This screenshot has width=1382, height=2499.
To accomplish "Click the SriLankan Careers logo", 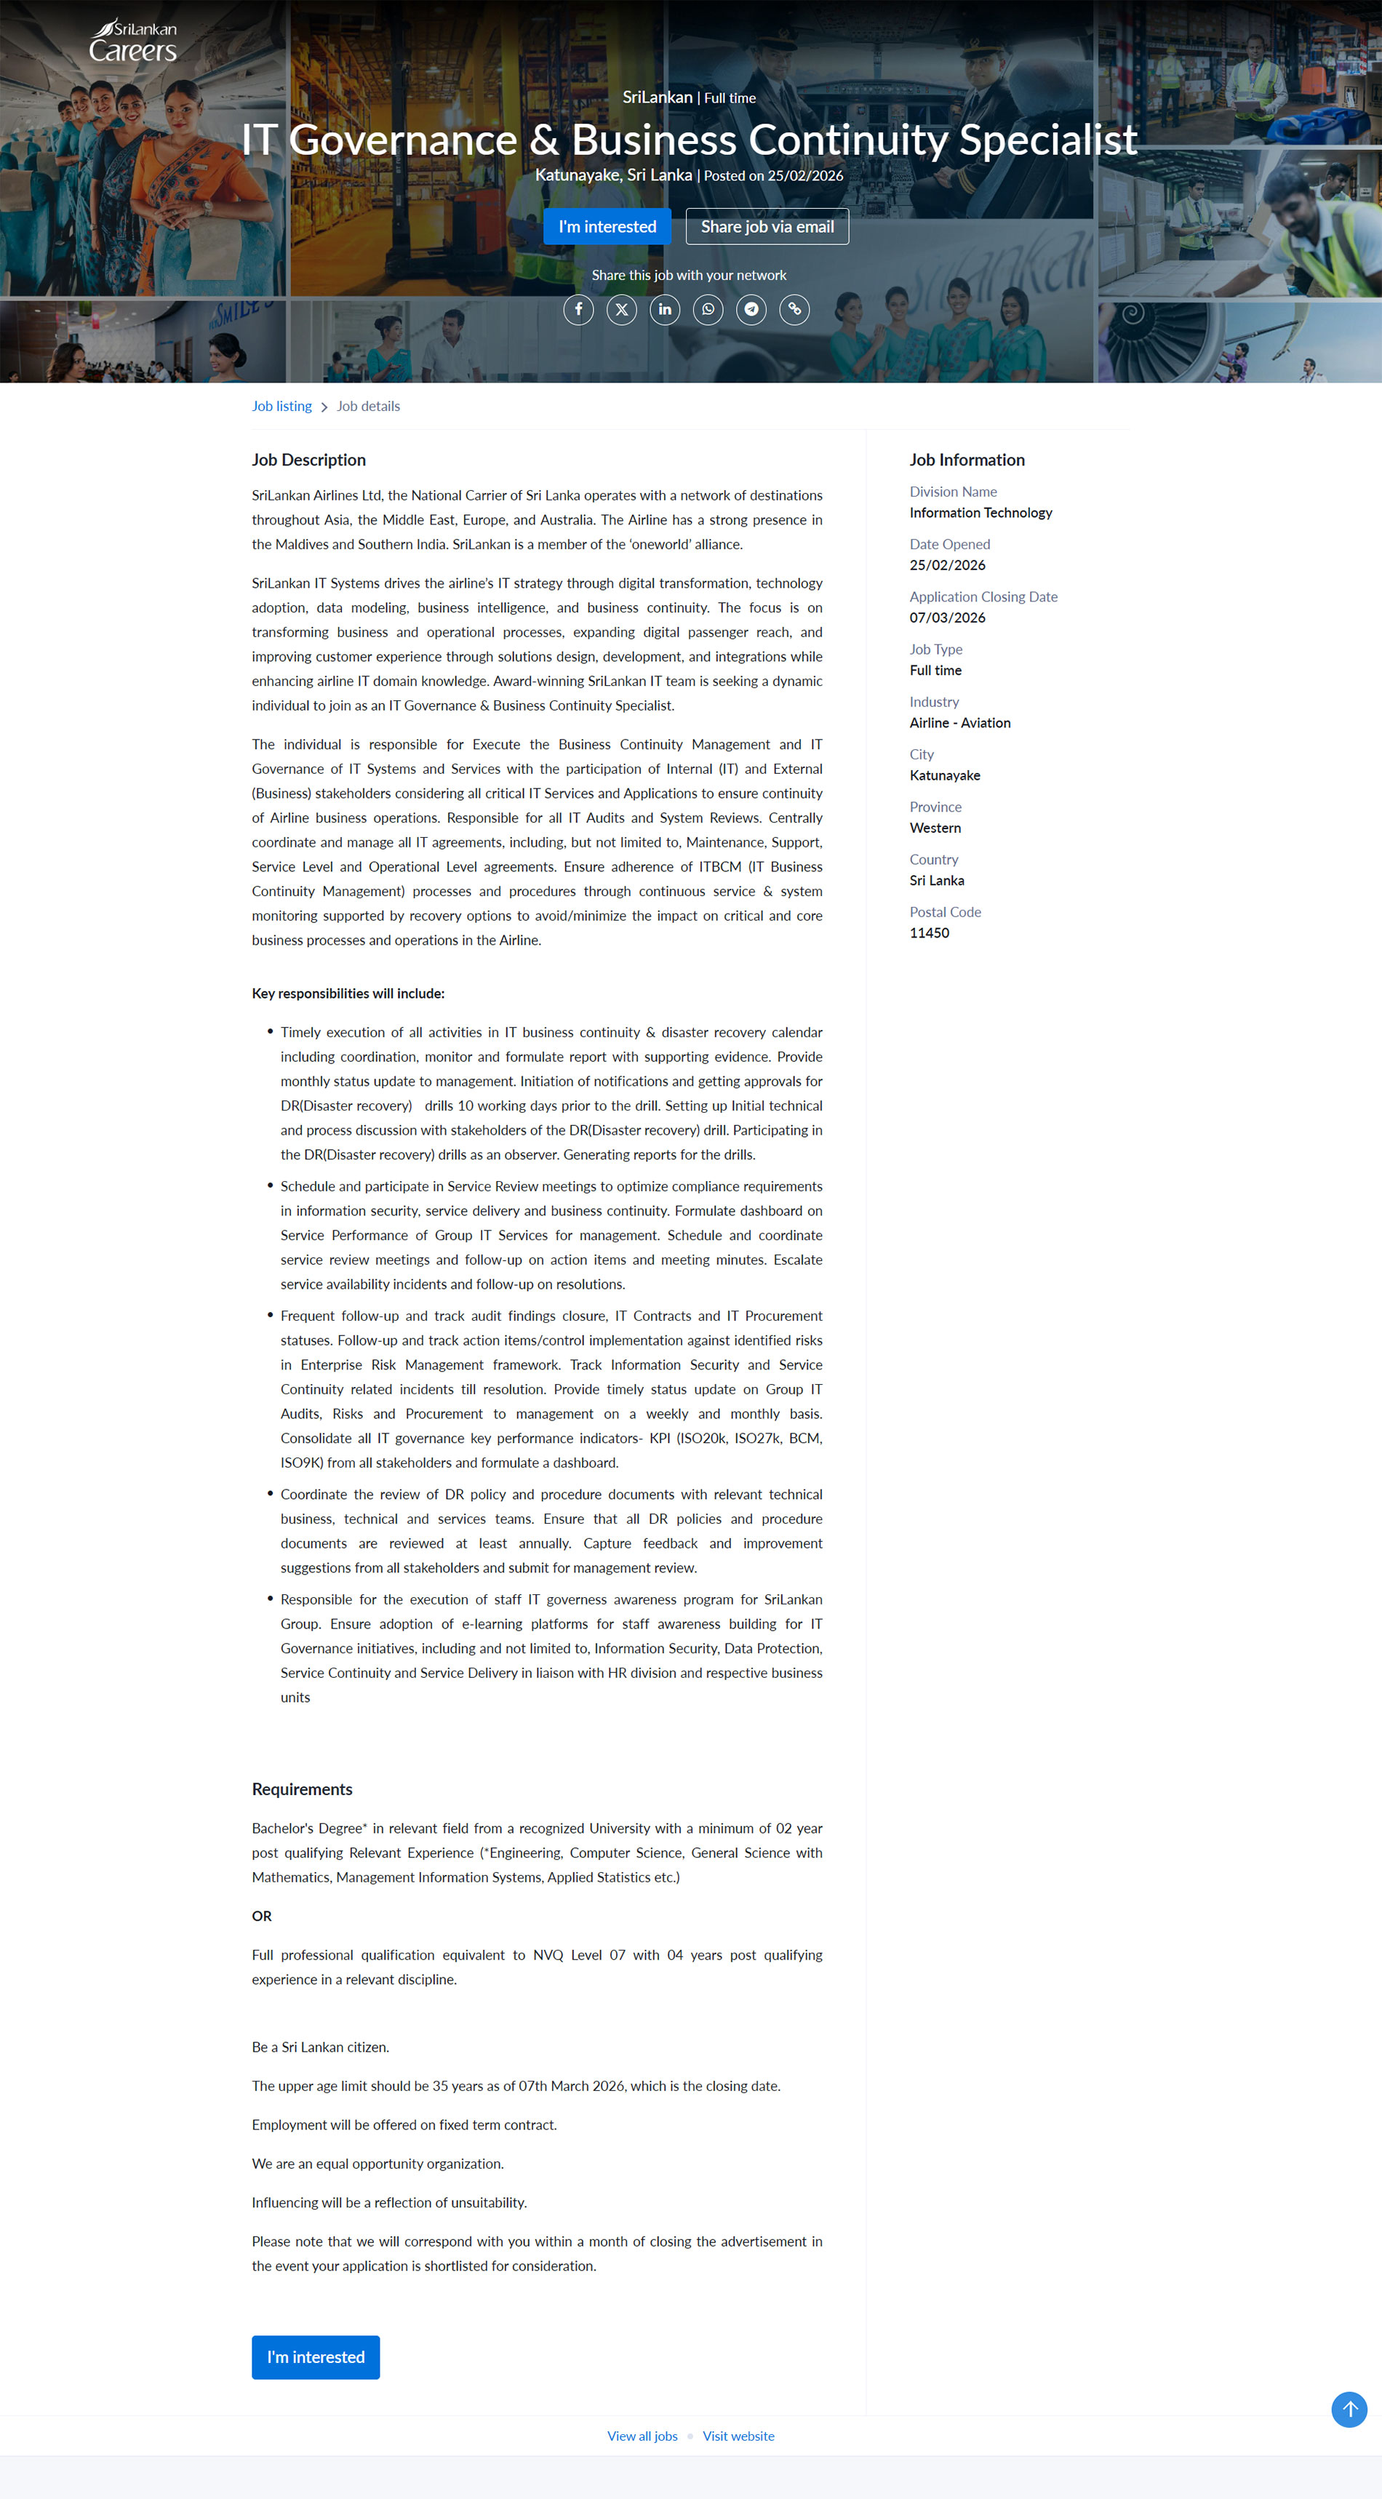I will click(x=133, y=41).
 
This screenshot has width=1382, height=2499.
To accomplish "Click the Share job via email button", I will click(x=767, y=226).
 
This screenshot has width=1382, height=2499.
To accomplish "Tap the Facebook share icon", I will click(x=578, y=309).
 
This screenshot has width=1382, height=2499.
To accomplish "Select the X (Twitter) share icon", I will click(x=622, y=309).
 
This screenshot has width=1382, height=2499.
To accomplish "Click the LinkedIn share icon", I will click(x=665, y=309).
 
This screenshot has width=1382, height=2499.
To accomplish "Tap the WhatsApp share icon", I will click(x=708, y=309).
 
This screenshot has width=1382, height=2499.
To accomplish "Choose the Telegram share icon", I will click(x=751, y=309).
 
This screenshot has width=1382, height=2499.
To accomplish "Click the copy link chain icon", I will click(x=794, y=309).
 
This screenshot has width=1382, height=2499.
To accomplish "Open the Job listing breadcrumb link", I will click(x=281, y=407).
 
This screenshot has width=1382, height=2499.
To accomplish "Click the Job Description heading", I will click(x=308, y=460).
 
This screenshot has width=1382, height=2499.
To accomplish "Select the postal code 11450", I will click(x=929, y=933).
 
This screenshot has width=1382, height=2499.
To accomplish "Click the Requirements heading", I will click(x=302, y=1789).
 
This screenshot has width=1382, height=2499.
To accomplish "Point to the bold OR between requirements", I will click(x=262, y=1916).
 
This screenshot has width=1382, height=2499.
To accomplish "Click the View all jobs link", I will click(x=642, y=2436).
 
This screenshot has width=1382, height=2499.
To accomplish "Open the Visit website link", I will click(x=738, y=2436).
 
